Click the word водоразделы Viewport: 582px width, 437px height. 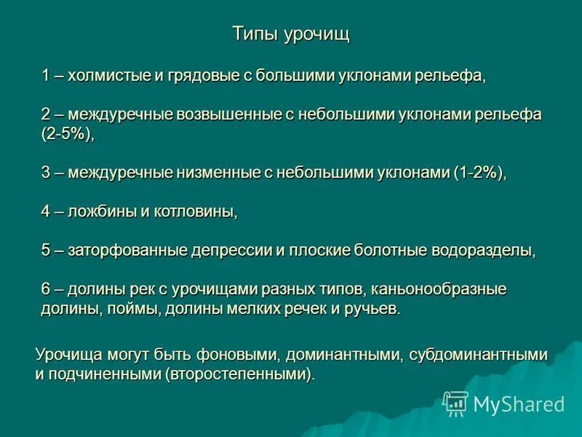pyautogui.click(x=482, y=251)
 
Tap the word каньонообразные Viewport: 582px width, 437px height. pyautogui.click(x=443, y=289)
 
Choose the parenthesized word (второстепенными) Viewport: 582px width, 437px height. pyautogui.click(x=240, y=375)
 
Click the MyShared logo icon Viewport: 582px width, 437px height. pyautogui.click(x=455, y=403)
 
